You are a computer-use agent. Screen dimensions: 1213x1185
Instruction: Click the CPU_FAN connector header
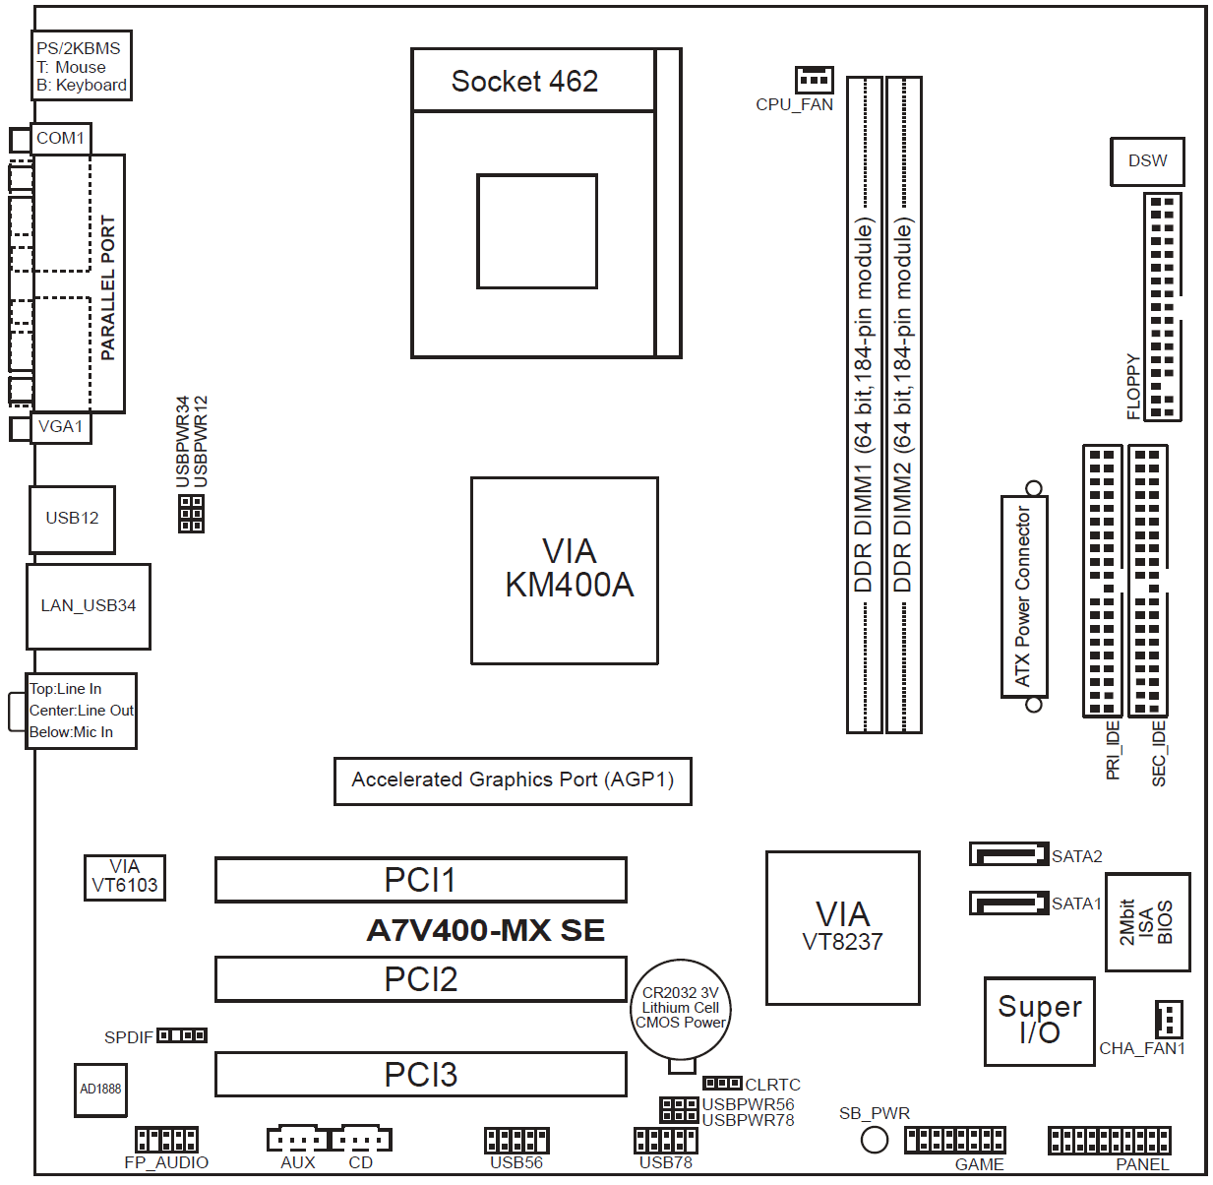[x=814, y=79]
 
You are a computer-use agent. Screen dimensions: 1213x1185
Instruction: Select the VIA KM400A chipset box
[x=564, y=571]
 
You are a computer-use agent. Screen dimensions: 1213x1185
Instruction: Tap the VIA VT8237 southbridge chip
[x=843, y=927]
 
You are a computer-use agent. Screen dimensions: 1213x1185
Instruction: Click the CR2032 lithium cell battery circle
[x=680, y=1009]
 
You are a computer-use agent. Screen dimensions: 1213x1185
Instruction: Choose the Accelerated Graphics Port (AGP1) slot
[x=513, y=780]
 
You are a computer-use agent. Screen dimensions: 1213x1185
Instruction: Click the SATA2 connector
[x=1008, y=854]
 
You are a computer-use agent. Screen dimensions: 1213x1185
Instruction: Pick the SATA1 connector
[x=1008, y=903]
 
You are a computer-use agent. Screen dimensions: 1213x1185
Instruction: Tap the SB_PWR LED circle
[x=874, y=1140]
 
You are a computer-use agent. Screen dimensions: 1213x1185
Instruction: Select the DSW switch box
[x=1147, y=161]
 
